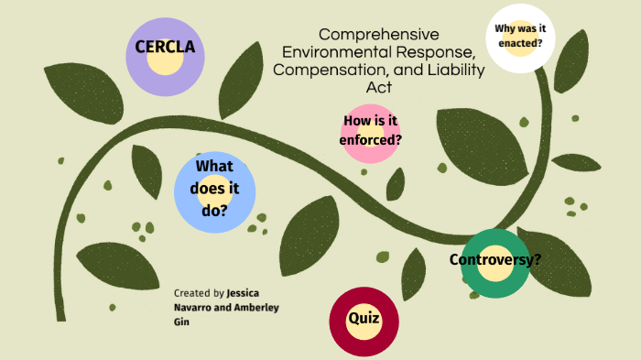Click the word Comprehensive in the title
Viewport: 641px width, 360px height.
[x=379, y=34]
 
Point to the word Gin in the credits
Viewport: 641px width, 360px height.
[x=182, y=322]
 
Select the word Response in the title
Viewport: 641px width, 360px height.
[x=433, y=52]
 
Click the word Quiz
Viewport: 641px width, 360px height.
[x=364, y=319]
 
